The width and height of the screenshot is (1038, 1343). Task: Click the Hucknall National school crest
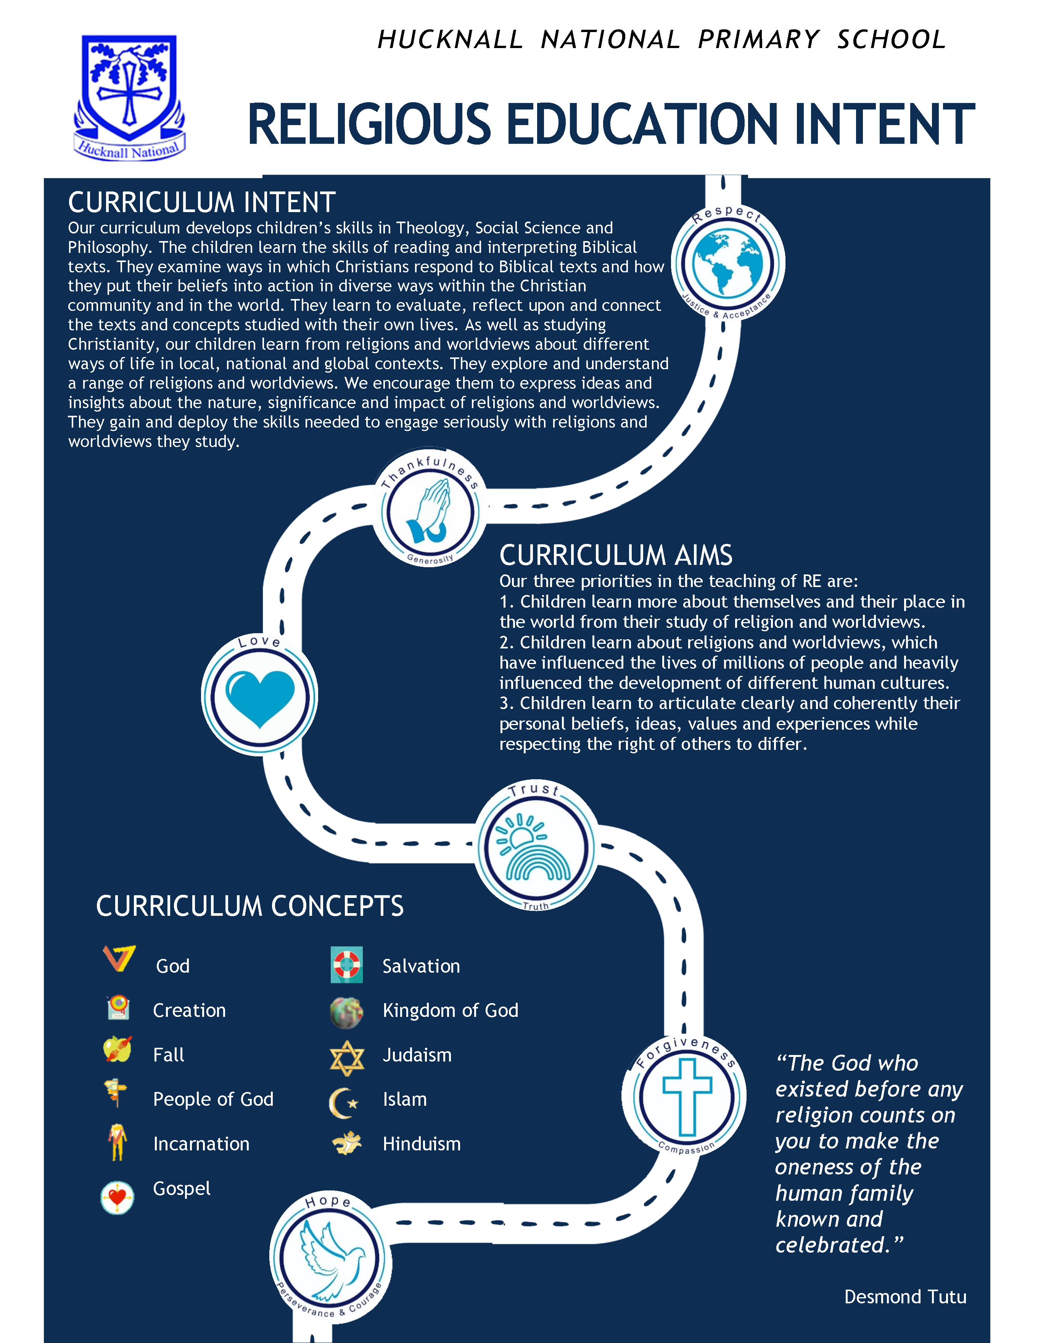click(129, 95)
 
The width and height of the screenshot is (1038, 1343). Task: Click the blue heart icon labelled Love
click(259, 697)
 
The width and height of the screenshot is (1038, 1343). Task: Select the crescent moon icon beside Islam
click(343, 1102)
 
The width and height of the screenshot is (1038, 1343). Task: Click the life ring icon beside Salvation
click(346, 964)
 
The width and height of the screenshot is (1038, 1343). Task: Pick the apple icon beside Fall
click(117, 1049)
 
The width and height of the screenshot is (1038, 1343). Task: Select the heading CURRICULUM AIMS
click(616, 555)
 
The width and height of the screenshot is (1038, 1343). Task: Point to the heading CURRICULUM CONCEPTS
click(249, 906)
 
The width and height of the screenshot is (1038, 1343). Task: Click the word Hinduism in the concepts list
click(421, 1144)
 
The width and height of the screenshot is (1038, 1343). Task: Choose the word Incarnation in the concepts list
click(201, 1144)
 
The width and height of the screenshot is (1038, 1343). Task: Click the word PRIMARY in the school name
click(759, 40)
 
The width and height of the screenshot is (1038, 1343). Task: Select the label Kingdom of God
click(450, 1010)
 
